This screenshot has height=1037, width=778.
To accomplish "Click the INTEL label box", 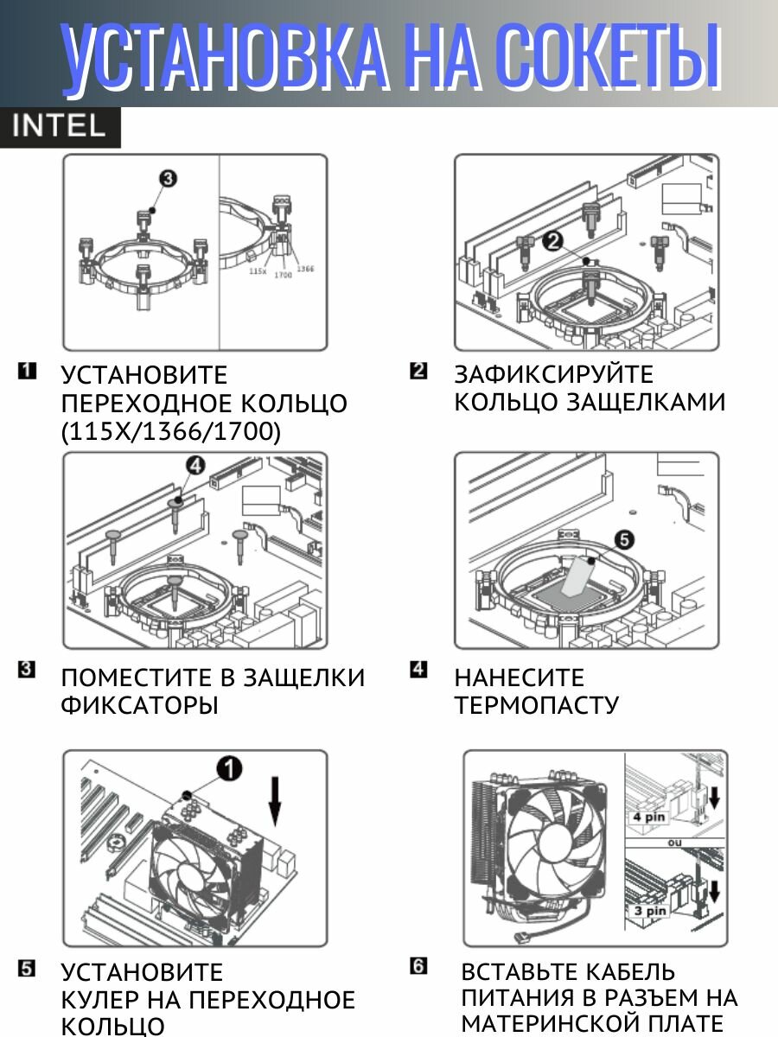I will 60,127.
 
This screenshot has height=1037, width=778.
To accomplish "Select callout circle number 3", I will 168,179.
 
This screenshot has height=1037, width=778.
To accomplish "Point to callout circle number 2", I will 554,242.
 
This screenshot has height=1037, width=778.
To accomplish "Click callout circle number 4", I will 194,466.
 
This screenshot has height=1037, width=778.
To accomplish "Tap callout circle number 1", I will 229,767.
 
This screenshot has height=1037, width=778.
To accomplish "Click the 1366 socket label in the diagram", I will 305,269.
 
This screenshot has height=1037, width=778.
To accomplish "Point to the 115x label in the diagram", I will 257,270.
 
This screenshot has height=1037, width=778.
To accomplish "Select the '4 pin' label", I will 649,816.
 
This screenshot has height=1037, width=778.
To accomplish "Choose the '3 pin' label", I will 649,911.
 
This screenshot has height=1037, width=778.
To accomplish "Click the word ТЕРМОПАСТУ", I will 537,705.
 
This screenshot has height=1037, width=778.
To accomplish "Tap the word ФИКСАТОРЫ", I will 139,705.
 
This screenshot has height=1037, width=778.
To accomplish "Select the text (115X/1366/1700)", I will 171,431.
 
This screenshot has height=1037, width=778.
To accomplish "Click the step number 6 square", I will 419,966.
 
